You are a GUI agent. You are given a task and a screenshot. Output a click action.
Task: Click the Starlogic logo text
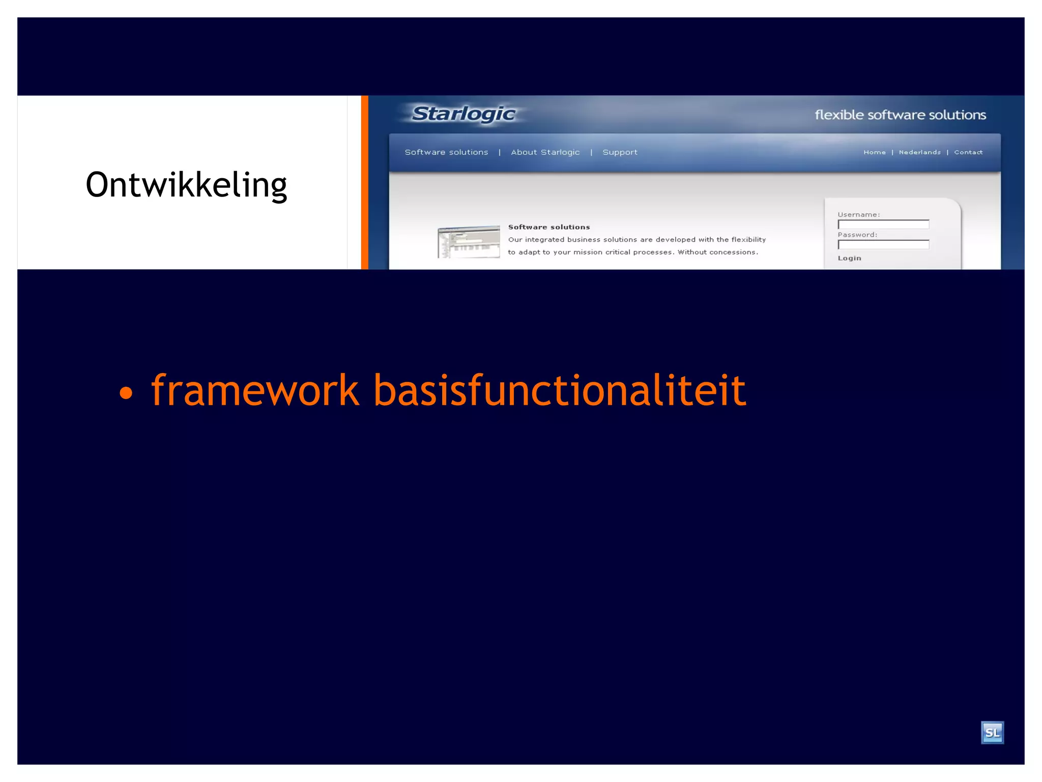pos(463,114)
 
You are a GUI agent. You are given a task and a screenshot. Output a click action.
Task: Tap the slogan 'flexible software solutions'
pos(900,115)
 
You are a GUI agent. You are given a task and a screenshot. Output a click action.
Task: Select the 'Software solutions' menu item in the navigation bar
pos(446,152)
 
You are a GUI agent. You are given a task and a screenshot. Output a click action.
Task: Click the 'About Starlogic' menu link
pos(545,152)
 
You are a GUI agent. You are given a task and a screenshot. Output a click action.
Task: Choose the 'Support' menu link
pos(620,152)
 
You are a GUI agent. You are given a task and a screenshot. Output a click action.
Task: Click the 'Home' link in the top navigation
pos(874,152)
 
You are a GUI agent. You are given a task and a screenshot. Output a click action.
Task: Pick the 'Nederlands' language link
pos(919,152)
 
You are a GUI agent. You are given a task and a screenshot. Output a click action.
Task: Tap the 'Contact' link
pos(968,152)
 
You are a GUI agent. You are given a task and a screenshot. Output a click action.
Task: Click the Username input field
pos(883,225)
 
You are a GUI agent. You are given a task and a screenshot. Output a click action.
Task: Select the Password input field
pos(883,245)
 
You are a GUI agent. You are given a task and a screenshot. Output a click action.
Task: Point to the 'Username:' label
pos(858,214)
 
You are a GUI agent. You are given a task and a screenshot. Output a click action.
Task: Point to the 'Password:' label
pos(857,235)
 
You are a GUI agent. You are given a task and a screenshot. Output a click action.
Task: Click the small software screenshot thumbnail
pos(469,242)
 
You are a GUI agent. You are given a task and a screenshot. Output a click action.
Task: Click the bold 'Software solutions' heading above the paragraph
pos(549,227)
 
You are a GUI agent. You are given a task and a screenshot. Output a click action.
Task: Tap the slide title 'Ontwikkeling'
pos(186,185)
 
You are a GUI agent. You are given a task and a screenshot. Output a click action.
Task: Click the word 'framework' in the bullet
pos(255,390)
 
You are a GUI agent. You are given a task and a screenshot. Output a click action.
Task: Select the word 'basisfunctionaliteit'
pos(560,390)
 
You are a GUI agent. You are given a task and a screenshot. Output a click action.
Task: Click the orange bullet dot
pos(126,393)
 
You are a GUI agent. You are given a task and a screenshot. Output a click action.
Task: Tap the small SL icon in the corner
pos(992,733)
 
